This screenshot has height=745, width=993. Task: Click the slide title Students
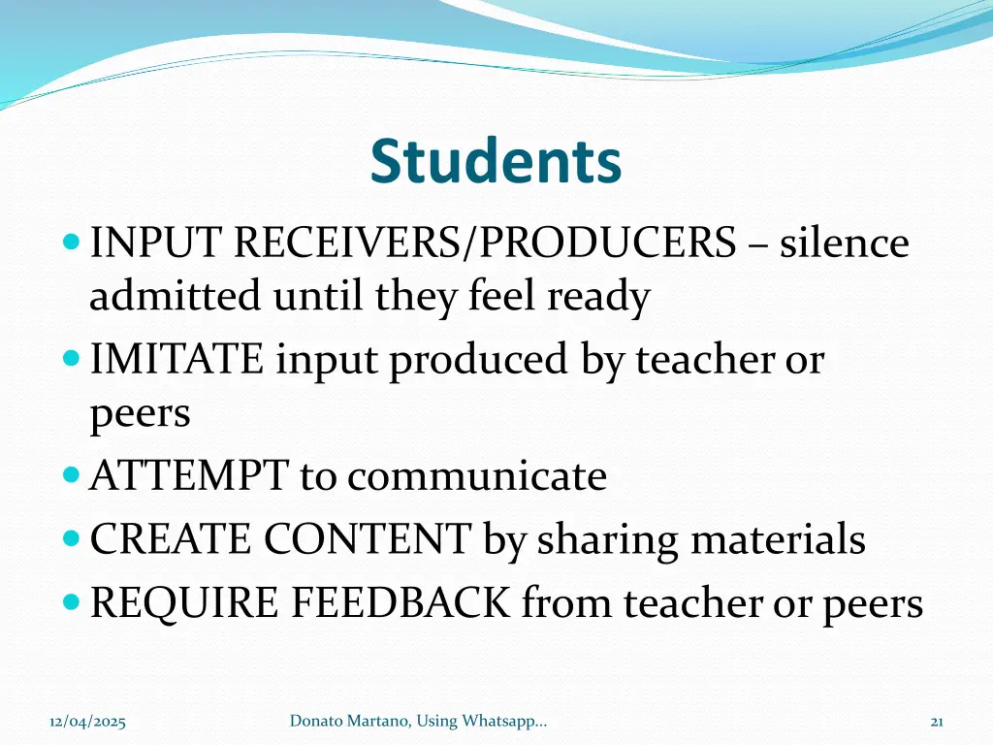click(x=496, y=162)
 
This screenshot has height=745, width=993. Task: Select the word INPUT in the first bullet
click(x=155, y=243)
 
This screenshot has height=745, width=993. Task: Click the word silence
click(x=845, y=243)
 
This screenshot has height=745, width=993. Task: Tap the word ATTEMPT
click(x=188, y=476)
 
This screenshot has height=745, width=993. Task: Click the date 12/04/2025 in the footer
click(x=87, y=721)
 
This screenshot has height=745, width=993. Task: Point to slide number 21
click(x=937, y=721)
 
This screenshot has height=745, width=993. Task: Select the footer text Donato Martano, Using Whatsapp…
click(x=418, y=720)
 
